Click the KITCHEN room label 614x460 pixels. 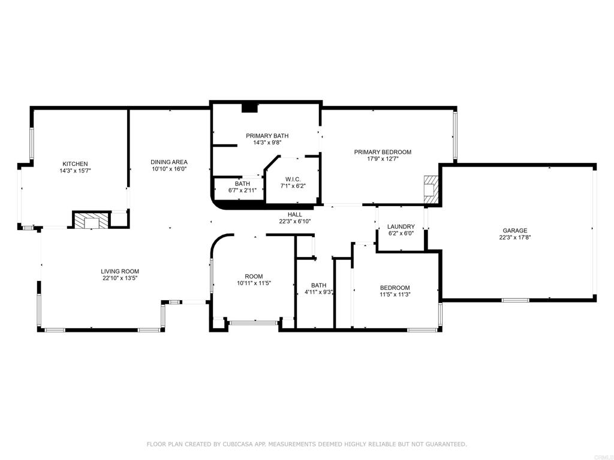(x=76, y=164)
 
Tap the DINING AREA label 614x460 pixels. (x=169, y=162)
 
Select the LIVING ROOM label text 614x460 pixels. (x=120, y=271)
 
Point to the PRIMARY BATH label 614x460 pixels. (x=267, y=135)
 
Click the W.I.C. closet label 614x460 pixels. (x=293, y=179)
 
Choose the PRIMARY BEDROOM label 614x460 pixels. (x=383, y=152)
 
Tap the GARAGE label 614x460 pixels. (x=514, y=230)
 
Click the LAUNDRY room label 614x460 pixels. (x=401, y=226)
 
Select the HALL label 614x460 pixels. (x=294, y=214)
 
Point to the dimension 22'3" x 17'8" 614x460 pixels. (x=514, y=237)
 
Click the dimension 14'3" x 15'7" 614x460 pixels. (x=76, y=171)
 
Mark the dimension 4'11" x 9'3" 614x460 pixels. (x=318, y=292)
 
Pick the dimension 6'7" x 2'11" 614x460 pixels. (x=242, y=190)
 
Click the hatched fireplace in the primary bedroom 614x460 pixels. (x=431, y=189)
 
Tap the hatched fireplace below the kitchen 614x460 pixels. (x=92, y=220)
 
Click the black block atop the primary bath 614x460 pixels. (x=249, y=108)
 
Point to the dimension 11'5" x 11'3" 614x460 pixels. (x=395, y=294)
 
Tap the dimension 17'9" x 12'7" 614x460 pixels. (x=383, y=159)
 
